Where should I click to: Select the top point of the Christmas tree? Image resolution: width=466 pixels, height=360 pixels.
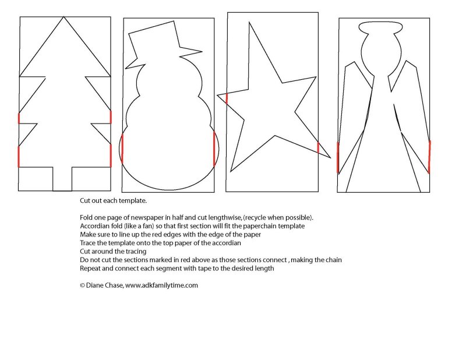[63, 17]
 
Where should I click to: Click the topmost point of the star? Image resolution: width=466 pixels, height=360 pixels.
[249, 22]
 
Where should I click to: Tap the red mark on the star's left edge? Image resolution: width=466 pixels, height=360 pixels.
[227, 99]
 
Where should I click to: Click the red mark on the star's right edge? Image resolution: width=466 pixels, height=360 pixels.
[318, 148]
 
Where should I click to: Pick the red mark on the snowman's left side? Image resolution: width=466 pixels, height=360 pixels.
[122, 149]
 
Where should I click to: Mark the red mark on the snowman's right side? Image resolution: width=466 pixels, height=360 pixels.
[214, 149]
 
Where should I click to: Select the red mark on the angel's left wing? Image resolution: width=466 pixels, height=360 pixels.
[338, 157]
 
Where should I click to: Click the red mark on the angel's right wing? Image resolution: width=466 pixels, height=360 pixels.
[429, 157]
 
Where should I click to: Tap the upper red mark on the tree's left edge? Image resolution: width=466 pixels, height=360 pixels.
[19, 118]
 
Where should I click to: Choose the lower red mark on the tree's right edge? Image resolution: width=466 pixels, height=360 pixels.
[111, 156]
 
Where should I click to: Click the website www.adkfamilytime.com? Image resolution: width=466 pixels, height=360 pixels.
[161, 285]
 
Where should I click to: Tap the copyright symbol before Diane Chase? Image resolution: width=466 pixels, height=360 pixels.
[82, 285]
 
